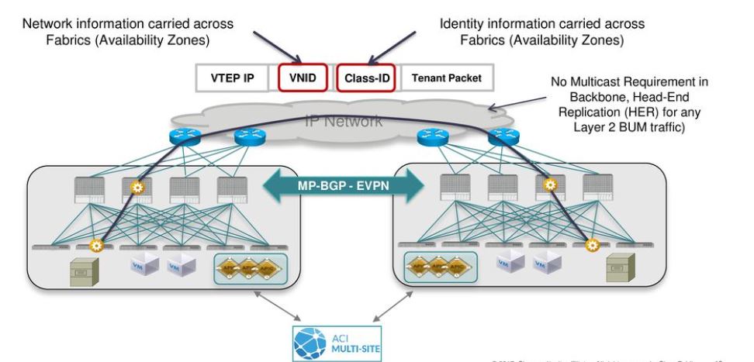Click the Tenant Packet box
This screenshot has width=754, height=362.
click(445, 78)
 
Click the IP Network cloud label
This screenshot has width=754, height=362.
click(344, 121)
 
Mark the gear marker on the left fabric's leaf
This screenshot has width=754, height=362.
click(97, 247)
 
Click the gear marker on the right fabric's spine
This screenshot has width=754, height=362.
click(551, 185)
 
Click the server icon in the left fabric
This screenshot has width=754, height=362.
click(81, 271)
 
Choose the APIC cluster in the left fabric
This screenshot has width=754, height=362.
click(251, 268)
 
